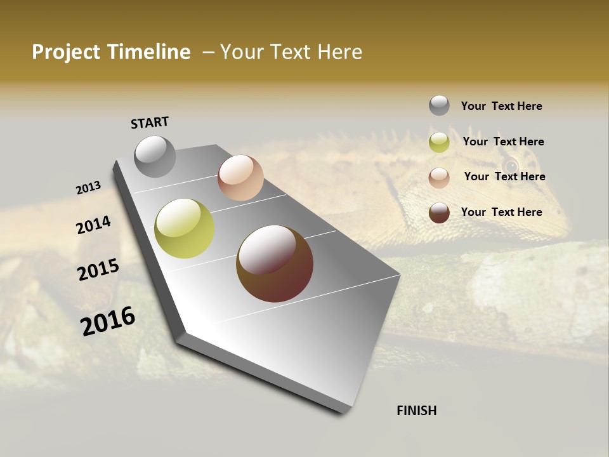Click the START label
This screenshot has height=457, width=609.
point(150,123)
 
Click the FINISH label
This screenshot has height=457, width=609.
point(417,411)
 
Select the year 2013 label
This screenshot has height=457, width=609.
point(88,188)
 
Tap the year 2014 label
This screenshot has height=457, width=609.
point(94,225)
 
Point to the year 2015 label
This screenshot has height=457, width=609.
point(98,270)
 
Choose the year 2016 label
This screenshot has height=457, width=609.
point(108,321)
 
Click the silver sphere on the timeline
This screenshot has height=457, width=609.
point(155,156)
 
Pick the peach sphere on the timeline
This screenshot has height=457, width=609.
point(240,178)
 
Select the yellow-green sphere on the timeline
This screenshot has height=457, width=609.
point(184,228)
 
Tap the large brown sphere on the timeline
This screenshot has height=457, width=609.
point(275,263)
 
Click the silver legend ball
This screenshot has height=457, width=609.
point(439,105)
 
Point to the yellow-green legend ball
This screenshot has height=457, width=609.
point(439,142)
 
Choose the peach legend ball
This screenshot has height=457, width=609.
point(439,177)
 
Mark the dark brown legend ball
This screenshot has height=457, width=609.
point(439,213)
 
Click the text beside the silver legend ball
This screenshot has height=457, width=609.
point(501,106)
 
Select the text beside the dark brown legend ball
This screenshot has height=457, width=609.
point(501,212)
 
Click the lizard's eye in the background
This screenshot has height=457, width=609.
point(510,166)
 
